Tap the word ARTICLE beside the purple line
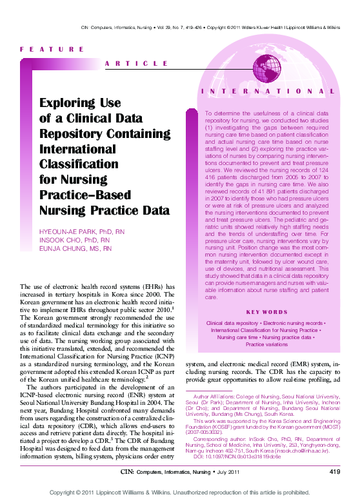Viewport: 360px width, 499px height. click(136, 63)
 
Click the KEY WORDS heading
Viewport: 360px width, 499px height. click(267, 313)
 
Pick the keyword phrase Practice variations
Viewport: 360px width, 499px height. click(267, 345)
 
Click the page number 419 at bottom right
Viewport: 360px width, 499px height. click(334, 473)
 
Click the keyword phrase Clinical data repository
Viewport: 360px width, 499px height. click(232, 322)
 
